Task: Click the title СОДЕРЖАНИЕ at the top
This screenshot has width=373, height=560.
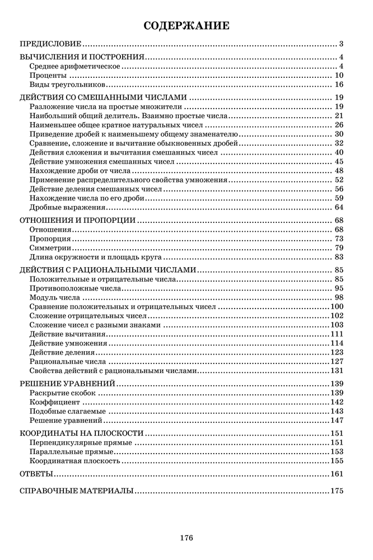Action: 186,25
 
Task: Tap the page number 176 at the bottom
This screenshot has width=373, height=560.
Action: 186,538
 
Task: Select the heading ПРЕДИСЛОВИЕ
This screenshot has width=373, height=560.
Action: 51,43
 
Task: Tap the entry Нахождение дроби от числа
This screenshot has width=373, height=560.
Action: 80,171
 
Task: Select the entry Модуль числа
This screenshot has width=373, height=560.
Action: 54,297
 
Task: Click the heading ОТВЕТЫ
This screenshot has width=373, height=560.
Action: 36,474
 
